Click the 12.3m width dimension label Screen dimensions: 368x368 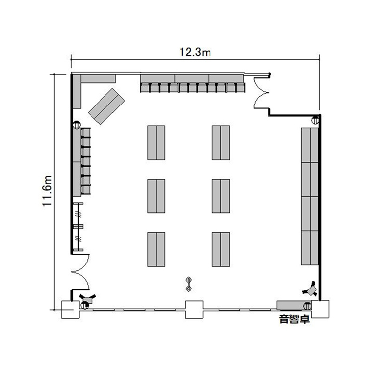[195, 52]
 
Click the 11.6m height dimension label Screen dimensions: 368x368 [47, 190]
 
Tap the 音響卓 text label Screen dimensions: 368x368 [294, 319]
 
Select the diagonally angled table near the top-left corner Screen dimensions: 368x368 [106, 106]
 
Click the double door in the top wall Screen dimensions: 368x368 [261, 93]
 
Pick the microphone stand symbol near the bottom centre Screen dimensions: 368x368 [189, 284]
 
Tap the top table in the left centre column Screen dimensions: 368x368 [157, 143]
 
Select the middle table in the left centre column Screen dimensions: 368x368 [157, 196]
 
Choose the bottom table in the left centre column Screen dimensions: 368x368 [157, 249]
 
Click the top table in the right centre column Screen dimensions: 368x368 [221, 143]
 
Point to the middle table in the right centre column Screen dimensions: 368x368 [221, 196]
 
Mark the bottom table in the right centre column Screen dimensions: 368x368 [221, 249]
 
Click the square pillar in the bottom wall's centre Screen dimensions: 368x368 [194, 310]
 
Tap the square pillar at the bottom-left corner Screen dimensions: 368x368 [70, 310]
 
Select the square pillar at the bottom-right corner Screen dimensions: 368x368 [320, 309]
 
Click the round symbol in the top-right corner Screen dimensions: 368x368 [315, 120]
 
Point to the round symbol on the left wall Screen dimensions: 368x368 [77, 125]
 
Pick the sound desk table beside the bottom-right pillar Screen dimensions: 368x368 [292, 305]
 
